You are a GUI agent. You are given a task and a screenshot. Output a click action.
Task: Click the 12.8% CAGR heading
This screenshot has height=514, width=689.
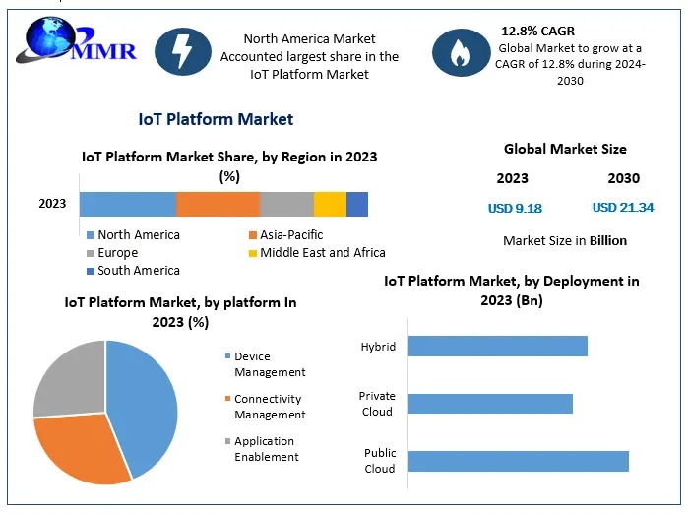click(537, 32)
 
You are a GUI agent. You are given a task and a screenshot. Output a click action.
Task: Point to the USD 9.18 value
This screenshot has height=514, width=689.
click(515, 209)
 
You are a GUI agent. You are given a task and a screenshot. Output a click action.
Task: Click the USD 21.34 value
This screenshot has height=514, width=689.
click(623, 208)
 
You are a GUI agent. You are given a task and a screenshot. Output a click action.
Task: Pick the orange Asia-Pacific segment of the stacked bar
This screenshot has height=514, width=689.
click(218, 204)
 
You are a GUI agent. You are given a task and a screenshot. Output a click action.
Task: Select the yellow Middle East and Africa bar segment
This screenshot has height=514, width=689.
click(330, 204)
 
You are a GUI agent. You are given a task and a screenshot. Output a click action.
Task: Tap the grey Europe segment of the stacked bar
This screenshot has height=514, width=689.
click(286, 204)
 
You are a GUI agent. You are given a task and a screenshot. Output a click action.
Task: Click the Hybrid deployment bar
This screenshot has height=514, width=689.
click(497, 347)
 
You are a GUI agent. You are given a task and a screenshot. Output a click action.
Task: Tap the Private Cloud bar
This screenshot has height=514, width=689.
click(490, 404)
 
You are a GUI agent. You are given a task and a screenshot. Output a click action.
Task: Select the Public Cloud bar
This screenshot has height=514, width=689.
click(518, 461)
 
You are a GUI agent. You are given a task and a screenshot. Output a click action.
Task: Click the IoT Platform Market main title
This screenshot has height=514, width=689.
click(216, 119)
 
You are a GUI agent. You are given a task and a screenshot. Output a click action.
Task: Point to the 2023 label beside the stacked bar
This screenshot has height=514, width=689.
click(52, 204)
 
